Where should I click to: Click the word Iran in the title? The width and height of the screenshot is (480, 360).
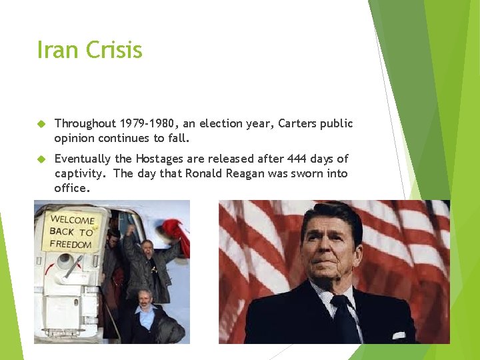pos(57,50)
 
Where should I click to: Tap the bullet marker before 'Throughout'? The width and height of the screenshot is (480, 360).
pos(41,124)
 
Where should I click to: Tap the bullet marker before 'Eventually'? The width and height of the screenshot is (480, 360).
pos(41,159)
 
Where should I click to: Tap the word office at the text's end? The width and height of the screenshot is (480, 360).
pos(71,188)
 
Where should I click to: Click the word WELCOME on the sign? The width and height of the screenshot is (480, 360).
pos(72,219)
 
